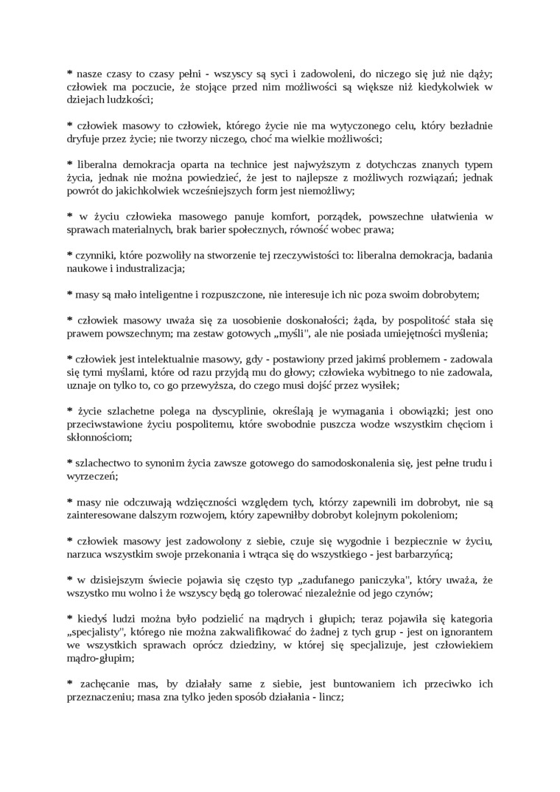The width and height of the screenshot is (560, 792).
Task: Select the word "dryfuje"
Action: pos(83,139)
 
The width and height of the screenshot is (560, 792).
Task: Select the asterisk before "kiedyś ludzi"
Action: pos(69,619)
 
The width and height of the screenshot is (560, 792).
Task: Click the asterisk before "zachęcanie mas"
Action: pos(69,684)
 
